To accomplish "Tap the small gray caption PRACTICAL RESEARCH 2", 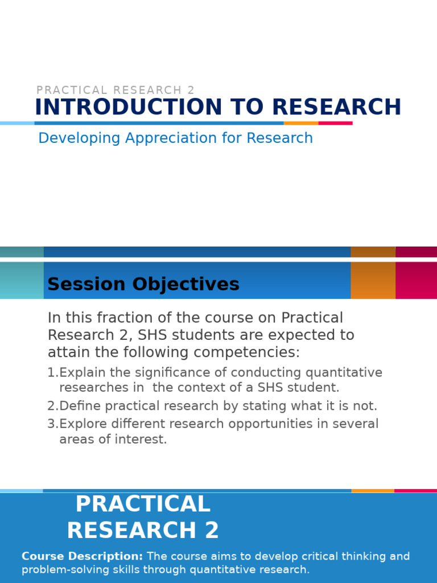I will [x=116, y=90].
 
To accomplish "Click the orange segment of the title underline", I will [x=301, y=123].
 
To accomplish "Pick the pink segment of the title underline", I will [x=335, y=123].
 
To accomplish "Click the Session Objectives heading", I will [x=143, y=284].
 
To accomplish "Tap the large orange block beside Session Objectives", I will [x=373, y=280].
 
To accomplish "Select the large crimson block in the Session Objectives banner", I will [x=416, y=280].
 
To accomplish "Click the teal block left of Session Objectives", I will [x=22, y=280].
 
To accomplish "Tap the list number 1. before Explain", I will [x=52, y=373].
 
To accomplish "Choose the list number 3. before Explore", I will [x=52, y=424].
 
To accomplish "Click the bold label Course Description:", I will [x=82, y=556].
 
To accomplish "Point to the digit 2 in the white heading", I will [x=212, y=531].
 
